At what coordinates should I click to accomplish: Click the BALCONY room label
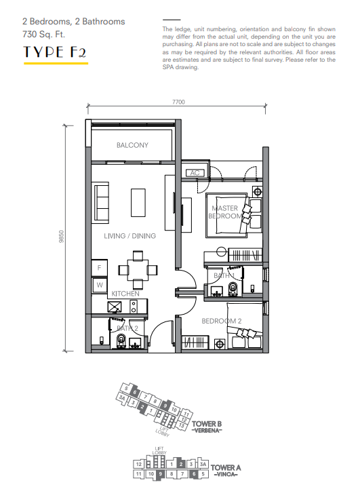click(x=132, y=145)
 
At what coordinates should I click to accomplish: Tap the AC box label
click(x=195, y=173)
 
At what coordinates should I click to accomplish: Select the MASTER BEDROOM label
click(x=226, y=212)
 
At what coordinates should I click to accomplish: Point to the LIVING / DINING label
click(x=129, y=236)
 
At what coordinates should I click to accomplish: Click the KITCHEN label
click(x=125, y=294)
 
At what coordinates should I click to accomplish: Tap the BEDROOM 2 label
click(x=222, y=321)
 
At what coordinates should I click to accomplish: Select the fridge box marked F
click(x=99, y=269)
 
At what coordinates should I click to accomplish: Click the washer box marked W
click(x=99, y=286)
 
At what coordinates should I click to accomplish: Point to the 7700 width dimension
click(x=178, y=102)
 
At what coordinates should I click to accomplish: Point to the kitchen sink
click(x=115, y=307)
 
